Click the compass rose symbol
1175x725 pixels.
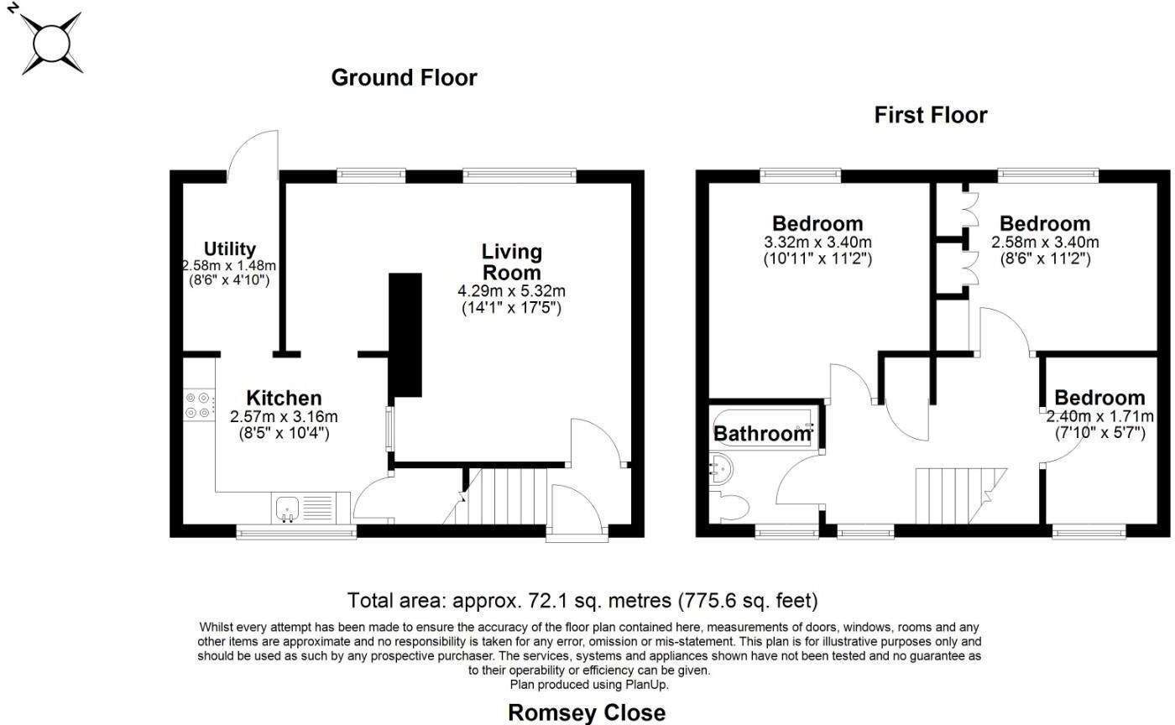[x=51, y=44]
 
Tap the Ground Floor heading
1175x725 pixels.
[x=404, y=78]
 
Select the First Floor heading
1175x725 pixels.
[x=931, y=115]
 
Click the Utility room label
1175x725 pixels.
[x=229, y=248]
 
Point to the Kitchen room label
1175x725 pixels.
[x=284, y=398]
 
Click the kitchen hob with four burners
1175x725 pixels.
[x=200, y=405]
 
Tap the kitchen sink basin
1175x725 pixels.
[x=287, y=509]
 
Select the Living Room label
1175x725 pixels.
[x=511, y=262]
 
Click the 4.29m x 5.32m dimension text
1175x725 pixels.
[x=511, y=290]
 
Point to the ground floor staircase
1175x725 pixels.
[x=496, y=496]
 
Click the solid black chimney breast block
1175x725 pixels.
[x=405, y=335]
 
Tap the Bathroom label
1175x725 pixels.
[x=762, y=434]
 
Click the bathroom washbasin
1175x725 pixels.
[x=720, y=469]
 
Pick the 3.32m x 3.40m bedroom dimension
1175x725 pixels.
[x=817, y=243]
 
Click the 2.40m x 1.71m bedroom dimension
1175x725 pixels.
[x=1100, y=416]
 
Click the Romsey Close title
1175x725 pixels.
[x=587, y=712]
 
